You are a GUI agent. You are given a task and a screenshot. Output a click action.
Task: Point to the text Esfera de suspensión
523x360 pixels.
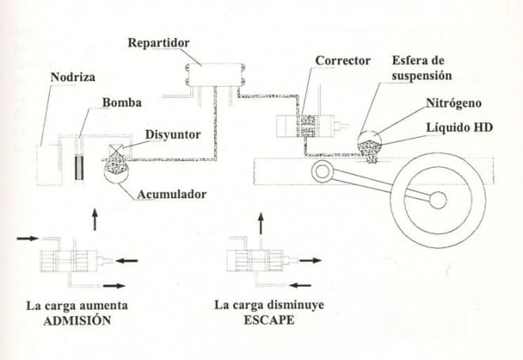422,69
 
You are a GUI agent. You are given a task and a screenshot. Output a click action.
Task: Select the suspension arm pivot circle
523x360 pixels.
323,170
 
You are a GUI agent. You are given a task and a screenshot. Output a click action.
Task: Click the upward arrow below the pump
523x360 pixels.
95,219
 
